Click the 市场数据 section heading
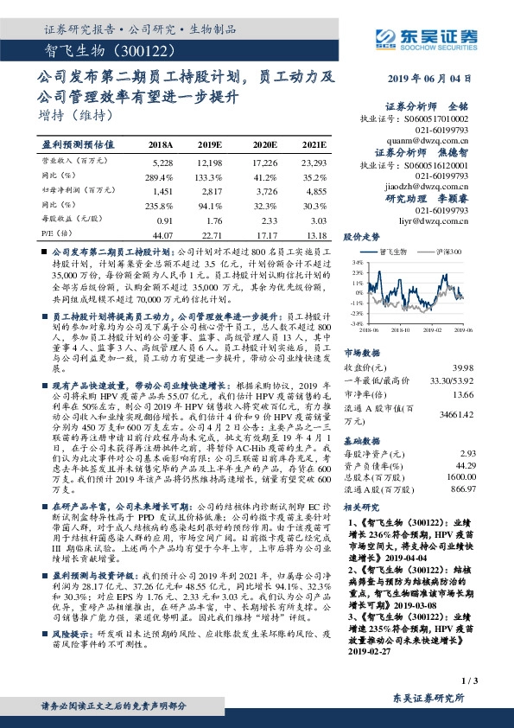tap(362, 354)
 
